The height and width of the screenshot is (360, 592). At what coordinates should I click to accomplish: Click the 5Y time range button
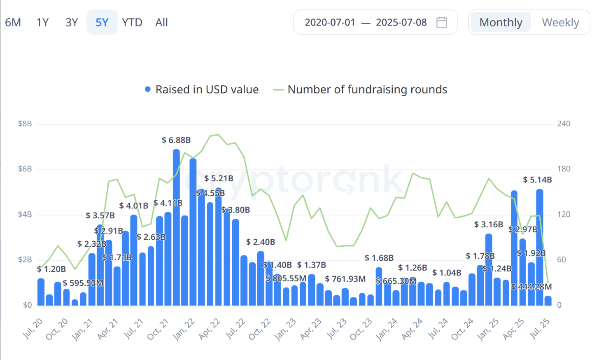[x=102, y=22]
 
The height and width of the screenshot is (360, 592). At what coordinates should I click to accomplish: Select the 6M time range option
[x=13, y=22]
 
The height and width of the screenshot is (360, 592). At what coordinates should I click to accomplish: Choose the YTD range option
[x=132, y=22]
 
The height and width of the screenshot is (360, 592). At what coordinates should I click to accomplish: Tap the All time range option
[x=161, y=22]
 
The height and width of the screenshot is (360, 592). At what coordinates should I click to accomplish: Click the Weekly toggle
[x=560, y=22]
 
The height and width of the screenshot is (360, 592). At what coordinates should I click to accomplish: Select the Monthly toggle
[x=501, y=22]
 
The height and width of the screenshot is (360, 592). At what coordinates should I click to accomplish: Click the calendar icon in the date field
[x=442, y=22]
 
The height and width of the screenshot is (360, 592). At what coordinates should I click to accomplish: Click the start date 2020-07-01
[x=330, y=22]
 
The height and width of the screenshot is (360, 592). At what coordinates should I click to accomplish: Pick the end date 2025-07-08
[x=401, y=22]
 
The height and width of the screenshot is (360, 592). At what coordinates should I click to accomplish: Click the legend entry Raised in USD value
[x=202, y=89]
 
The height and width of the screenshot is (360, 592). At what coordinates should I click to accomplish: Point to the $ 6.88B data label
[x=176, y=140]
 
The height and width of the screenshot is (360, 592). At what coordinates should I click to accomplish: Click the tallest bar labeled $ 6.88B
[x=176, y=227]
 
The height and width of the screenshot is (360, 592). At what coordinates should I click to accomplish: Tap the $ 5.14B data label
[x=537, y=180]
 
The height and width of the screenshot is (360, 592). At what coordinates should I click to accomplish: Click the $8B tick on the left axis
[x=25, y=124]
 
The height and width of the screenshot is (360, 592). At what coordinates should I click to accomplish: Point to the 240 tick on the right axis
[x=564, y=124]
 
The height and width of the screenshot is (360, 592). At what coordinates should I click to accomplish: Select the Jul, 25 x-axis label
[x=539, y=329]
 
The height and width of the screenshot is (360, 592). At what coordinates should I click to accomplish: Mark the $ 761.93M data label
[x=345, y=279]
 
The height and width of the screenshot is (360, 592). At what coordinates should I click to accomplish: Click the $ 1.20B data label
[x=51, y=269]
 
